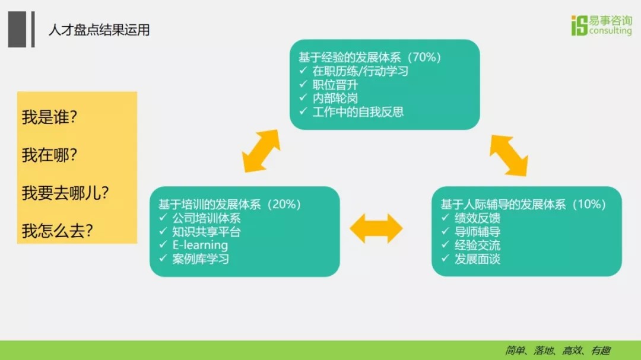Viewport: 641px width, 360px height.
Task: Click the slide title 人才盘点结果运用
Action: coord(99,30)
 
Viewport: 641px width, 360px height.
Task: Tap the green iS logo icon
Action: coord(579,26)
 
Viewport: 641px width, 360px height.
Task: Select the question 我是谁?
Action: coord(49,117)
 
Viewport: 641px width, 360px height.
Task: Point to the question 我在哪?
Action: coord(49,155)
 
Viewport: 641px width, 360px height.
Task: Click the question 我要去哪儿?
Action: coord(65,193)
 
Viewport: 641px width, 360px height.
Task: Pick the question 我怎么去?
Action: coord(57,231)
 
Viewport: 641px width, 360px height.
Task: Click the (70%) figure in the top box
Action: coord(424,57)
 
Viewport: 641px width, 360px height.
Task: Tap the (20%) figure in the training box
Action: coord(284,204)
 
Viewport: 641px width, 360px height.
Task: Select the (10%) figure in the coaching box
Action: coord(589,204)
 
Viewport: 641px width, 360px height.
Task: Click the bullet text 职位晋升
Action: coord(335,85)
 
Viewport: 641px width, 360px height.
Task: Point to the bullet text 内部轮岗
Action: coord(335,98)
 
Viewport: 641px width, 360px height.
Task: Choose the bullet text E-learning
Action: coord(200,245)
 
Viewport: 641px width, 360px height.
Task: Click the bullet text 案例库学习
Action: coord(201,259)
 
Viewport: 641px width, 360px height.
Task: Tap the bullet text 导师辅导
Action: coord(477,232)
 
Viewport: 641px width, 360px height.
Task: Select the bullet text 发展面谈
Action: coord(477,259)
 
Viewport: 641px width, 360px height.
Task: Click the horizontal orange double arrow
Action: coord(376,228)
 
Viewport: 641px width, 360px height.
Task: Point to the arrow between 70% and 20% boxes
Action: coord(261,151)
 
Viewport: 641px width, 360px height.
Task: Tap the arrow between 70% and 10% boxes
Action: coord(509,155)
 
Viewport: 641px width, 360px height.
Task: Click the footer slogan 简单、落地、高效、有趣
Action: coord(557,350)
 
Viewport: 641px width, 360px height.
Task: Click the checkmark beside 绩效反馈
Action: coord(445,218)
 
